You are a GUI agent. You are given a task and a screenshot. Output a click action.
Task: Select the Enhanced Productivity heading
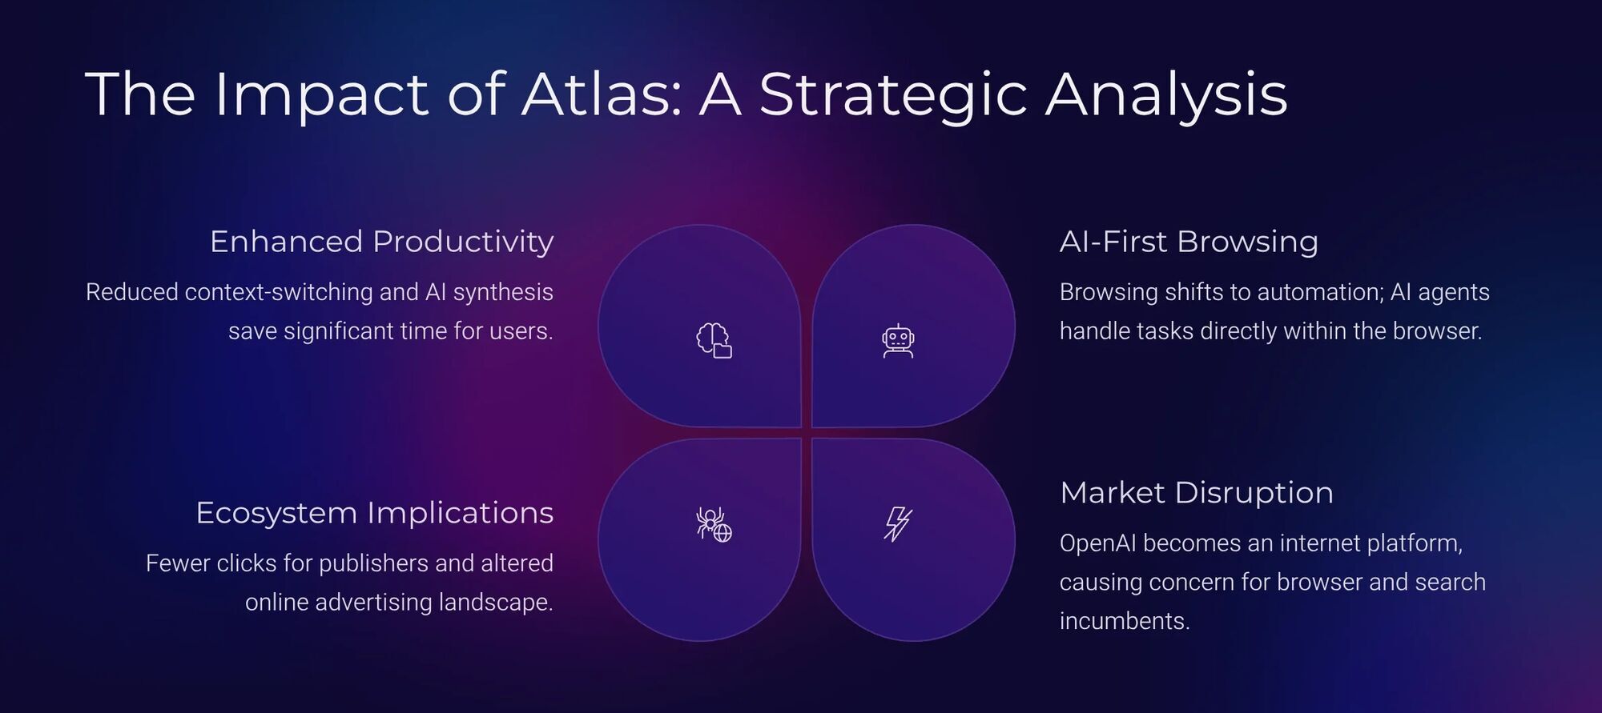tap(381, 242)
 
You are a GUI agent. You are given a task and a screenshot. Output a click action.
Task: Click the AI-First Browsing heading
tap(1189, 242)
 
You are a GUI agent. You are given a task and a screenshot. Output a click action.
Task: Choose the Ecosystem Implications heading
tap(374, 513)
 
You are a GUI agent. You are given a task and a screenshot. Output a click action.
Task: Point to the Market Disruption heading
tap(1197, 493)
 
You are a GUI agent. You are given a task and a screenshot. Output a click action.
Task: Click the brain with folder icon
tap(714, 340)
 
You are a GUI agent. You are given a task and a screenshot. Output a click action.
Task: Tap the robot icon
tap(898, 341)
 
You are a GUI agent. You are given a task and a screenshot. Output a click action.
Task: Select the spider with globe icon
tap(714, 524)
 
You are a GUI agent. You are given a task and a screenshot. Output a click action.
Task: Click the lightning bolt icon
tap(897, 524)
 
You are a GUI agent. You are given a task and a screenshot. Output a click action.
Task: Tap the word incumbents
tap(1123, 621)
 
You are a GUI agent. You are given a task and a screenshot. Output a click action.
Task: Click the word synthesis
tap(502, 292)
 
